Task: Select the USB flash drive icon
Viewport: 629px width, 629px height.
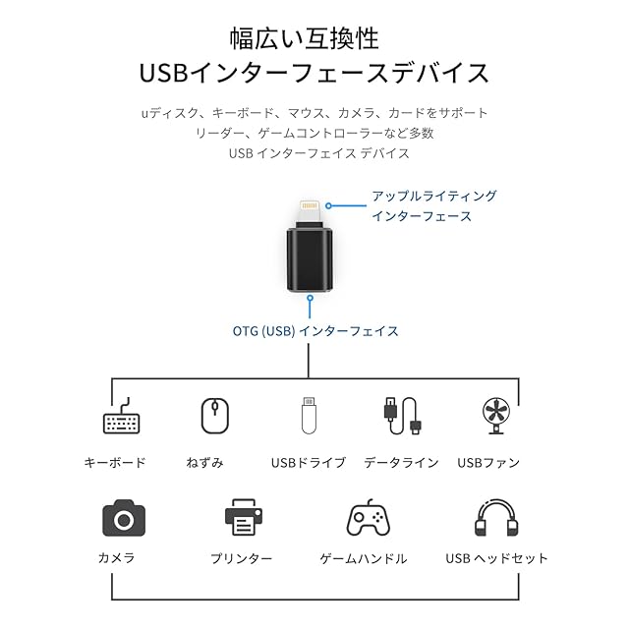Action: coord(309,416)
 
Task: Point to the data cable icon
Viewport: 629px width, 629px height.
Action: coord(402,417)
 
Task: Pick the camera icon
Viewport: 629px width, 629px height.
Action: coord(123,518)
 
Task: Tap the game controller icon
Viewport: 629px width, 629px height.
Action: coord(368,518)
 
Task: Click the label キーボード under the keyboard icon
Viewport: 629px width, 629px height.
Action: coord(115,463)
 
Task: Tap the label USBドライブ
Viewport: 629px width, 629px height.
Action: coord(309,463)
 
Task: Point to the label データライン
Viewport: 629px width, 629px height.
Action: coord(401,463)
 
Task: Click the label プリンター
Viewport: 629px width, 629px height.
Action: coord(241,558)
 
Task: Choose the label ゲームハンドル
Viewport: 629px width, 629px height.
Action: coord(364,558)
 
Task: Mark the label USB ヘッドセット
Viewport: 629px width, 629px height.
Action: coord(496,558)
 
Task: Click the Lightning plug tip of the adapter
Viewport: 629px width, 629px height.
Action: coord(310,212)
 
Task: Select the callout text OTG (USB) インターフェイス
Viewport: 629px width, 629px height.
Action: coord(315,331)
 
